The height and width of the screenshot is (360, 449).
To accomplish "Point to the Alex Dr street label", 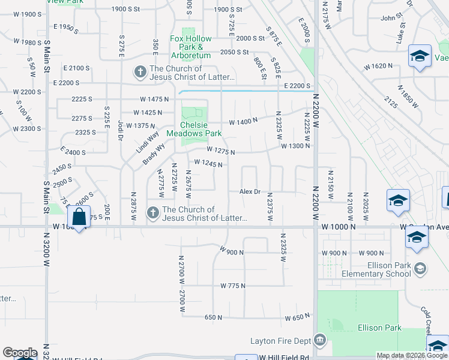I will point(250,191).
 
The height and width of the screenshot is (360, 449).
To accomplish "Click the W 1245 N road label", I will point(208,163).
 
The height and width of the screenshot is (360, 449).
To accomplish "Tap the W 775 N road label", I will point(233,286).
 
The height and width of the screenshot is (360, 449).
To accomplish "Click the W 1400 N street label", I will point(243,120).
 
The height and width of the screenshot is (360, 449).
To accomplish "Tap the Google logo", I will point(19,353).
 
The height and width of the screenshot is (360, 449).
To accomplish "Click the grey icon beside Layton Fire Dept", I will point(320,340).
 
